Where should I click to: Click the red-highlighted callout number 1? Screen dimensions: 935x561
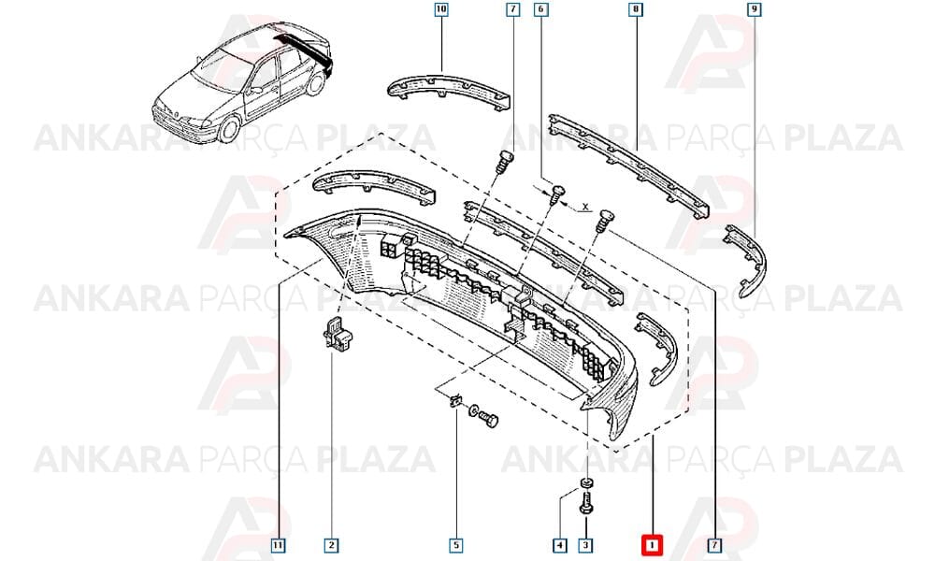pos(652,544)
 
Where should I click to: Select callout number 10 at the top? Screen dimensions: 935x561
pos(440,9)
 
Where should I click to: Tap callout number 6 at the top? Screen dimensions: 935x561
pos(540,9)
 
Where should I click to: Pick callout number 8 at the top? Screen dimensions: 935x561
pos(635,9)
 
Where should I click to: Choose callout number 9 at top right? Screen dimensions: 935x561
pos(755,9)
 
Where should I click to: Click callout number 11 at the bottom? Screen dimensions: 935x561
pos(278,545)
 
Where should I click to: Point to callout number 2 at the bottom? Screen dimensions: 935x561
pos(332,545)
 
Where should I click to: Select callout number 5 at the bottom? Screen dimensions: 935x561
pos(456,545)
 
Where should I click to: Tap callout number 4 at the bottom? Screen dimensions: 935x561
pos(559,545)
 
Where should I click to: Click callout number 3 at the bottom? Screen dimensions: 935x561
pos(585,545)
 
